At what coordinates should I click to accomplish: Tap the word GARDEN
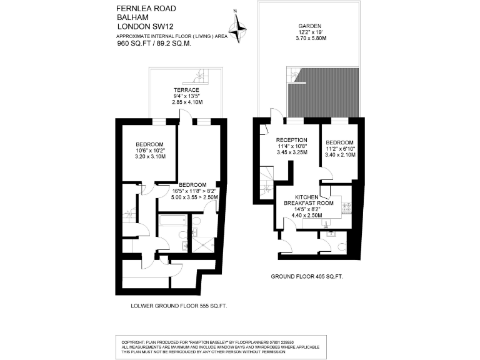coord(309,26)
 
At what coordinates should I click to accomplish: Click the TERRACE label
coord(186,90)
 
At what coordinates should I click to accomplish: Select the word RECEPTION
coord(291,140)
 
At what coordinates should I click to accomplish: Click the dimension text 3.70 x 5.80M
coord(309,39)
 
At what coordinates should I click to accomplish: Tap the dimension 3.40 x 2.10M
coord(340,154)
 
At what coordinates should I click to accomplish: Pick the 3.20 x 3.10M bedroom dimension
coord(150,157)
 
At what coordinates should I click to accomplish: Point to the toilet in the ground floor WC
coord(341,247)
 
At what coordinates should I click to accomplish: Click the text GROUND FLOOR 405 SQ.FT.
coord(306,276)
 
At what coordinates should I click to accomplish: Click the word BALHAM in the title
coord(131,17)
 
